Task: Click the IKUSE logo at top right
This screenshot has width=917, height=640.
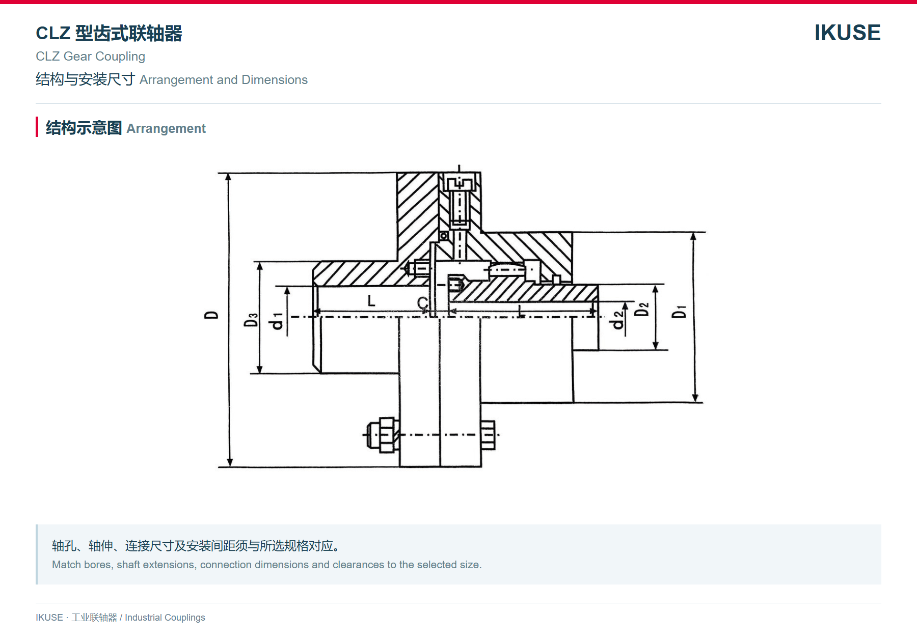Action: point(847,33)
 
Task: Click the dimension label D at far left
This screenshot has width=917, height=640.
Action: point(211,315)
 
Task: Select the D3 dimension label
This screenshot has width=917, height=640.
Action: point(251,320)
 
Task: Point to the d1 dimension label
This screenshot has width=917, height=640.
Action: point(277,321)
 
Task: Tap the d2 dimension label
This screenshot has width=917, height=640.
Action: point(618,320)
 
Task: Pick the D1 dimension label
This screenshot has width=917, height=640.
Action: point(679,312)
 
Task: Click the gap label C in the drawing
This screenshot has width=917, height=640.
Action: point(422,303)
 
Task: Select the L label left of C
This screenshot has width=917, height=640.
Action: point(371,300)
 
